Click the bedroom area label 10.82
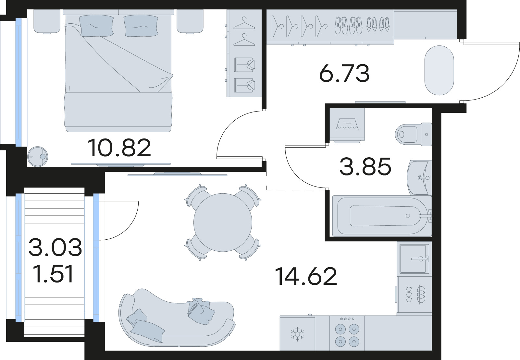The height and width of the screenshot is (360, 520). point(119,148)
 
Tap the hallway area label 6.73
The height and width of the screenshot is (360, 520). point(344,74)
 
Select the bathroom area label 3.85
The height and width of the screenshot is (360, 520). point(365,167)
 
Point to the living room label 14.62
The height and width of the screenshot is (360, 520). point(306,277)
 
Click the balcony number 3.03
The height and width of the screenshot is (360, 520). point(55,247)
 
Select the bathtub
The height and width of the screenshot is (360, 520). point(381,216)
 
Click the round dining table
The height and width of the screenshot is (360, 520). point(223,222)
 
